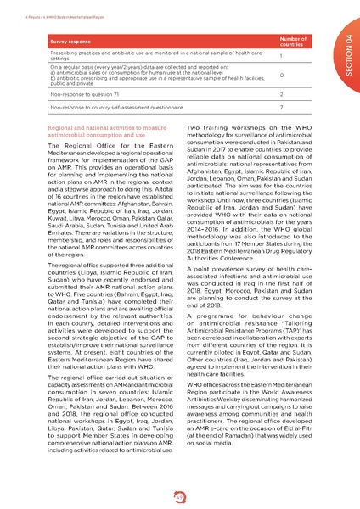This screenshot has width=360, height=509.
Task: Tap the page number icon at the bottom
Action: click(x=180, y=496)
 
